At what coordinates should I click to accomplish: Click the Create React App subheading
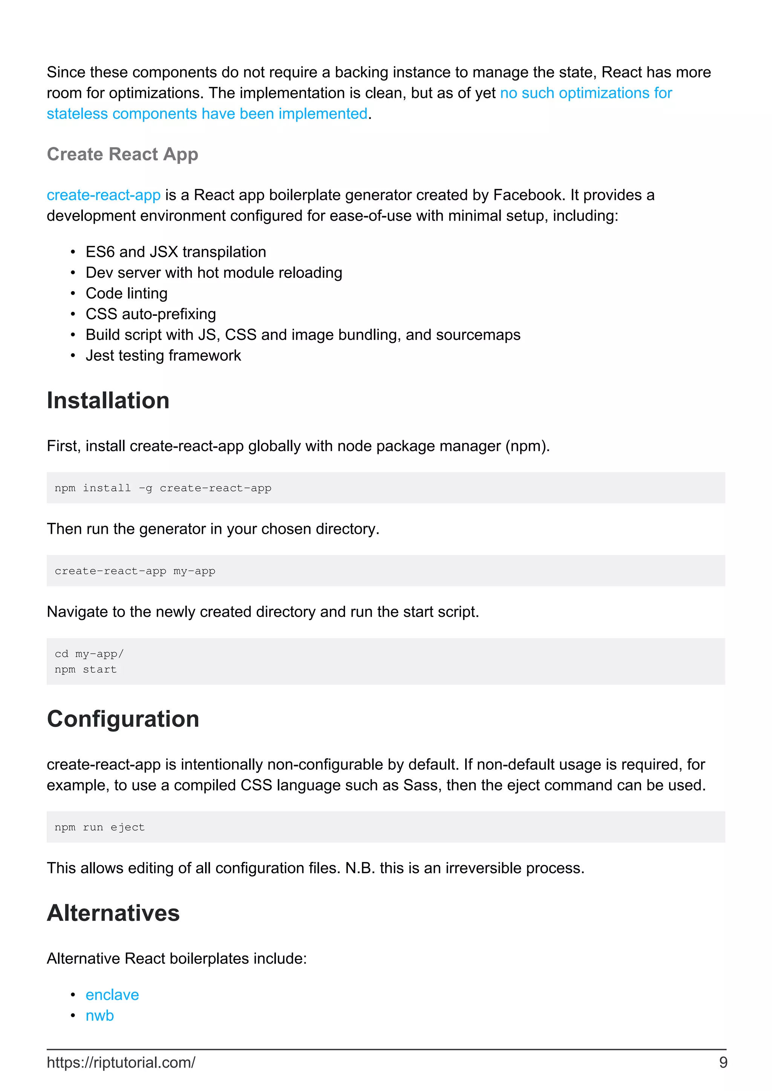pyautogui.click(x=122, y=154)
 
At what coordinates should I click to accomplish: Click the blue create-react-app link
pyautogui.click(x=103, y=195)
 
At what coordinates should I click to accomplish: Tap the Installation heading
pyautogui.click(x=108, y=400)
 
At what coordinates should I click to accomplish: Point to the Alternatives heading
pyautogui.click(x=113, y=913)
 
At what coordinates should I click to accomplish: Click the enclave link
pyautogui.click(x=112, y=995)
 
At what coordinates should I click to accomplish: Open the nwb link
pyautogui.click(x=100, y=1015)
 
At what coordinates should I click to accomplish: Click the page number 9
pyautogui.click(x=723, y=1062)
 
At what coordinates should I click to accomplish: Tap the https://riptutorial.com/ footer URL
pyautogui.click(x=121, y=1062)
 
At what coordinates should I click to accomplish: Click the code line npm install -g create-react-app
pyautogui.click(x=163, y=488)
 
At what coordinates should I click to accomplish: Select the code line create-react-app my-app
pyautogui.click(x=135, y=571)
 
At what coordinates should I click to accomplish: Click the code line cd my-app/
pyautogui.click(x=89, y=654)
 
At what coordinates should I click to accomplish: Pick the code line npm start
pyautogui.click(x=86, y=669)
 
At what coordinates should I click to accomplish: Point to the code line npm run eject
pyautogui.click(x=100, y=827)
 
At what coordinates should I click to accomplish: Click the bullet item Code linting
pyautogui.click(x=127, y=294)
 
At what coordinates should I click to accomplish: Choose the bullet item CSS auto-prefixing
pyautogui.click(x=151, y=314)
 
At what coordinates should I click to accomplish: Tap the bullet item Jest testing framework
pyautogui.click(x=163, y=356)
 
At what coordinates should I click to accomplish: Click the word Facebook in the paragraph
pyautogui.click(x=528, y=195)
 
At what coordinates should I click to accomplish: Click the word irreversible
pyautogui.click(x=483, y=868)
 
